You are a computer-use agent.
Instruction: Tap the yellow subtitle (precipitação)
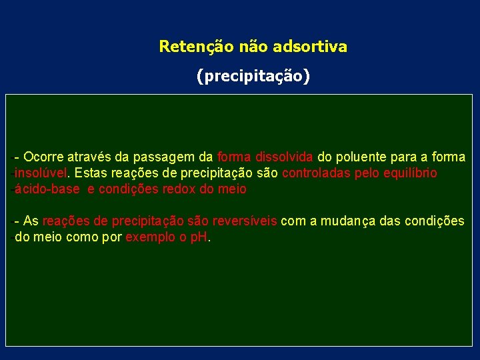pyautogui.click(x=253, y=77)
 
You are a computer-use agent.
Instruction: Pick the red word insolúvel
pyautogui.click(x=42, y=173)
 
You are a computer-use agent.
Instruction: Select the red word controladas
pyautogui.click(x=314, y=173)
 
